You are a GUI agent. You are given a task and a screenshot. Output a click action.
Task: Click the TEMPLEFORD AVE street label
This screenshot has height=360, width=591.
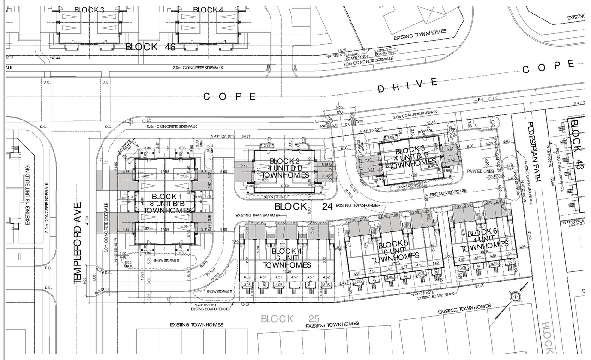pos(77,243)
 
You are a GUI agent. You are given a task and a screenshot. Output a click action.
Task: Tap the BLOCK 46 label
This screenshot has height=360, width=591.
pos(150,47)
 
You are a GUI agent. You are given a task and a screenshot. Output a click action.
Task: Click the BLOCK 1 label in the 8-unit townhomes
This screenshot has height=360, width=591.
pos(164,196)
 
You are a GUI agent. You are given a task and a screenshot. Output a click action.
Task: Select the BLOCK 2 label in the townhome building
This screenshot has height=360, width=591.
pos(284,161)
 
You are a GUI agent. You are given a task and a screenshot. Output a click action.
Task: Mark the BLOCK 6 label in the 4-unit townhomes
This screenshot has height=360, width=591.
pos(482,232)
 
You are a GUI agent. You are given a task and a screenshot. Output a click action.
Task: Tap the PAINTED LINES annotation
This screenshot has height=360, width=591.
pos(481,171)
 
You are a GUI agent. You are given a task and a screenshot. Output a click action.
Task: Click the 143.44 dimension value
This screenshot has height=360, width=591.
pos(55,58)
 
